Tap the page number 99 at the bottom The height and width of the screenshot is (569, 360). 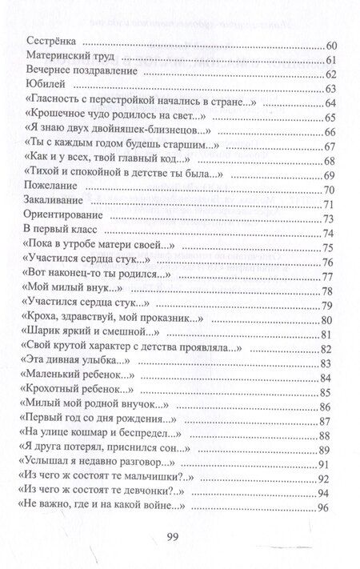180,536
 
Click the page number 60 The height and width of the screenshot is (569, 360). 325,46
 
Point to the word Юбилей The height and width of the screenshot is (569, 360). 45,88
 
